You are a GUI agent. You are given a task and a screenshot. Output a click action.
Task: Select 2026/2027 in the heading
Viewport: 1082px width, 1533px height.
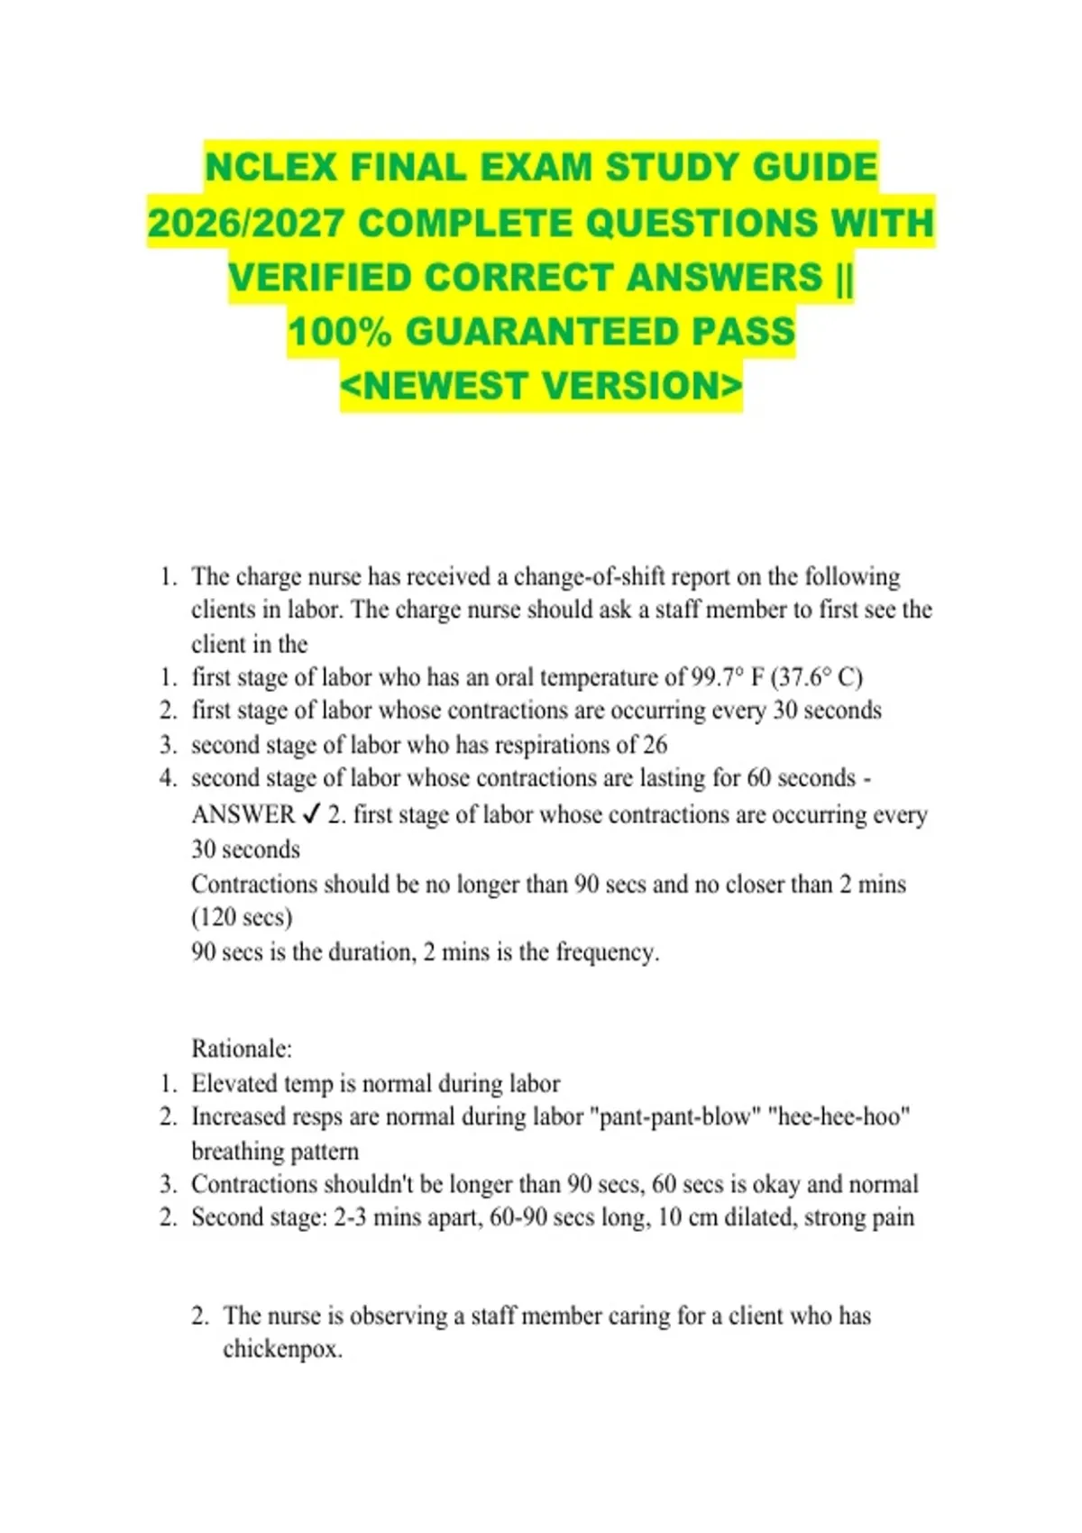(x=245, y=224)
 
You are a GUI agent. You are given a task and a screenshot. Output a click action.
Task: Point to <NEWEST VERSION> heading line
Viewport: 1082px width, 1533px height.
(x=541, y=386)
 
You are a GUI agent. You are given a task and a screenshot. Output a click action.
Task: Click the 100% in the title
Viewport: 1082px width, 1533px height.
(x=340, y=332)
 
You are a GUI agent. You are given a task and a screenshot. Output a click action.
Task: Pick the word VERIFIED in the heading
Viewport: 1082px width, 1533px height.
(x=319, y=278)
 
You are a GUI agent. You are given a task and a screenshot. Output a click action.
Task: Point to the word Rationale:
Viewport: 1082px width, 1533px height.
(x=242, y=1049)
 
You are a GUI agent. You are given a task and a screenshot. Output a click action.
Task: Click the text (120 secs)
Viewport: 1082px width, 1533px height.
(x=242, y=918)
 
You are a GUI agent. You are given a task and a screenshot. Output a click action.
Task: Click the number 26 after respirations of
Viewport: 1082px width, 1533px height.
(x=655, y=745)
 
